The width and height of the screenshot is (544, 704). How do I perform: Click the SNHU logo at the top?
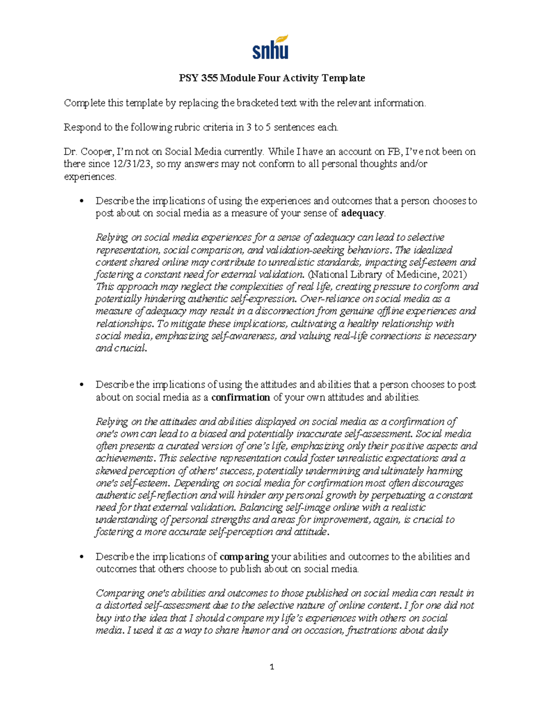[270, 48]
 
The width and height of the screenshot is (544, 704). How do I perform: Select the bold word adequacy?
[362, 213]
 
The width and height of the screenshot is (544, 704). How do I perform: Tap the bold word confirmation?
[241, 397]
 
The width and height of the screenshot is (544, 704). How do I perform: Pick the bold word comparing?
[244, 556]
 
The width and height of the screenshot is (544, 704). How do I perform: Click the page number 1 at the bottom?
[272, 666]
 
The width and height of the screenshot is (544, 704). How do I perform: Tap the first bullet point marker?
[82, 201]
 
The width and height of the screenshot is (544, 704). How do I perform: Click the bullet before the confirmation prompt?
[82, 385]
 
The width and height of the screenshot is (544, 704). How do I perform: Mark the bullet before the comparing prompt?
[82, 557]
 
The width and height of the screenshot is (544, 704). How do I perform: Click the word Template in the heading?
[343, 78]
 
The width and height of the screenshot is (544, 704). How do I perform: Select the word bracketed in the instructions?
[256, 103]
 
